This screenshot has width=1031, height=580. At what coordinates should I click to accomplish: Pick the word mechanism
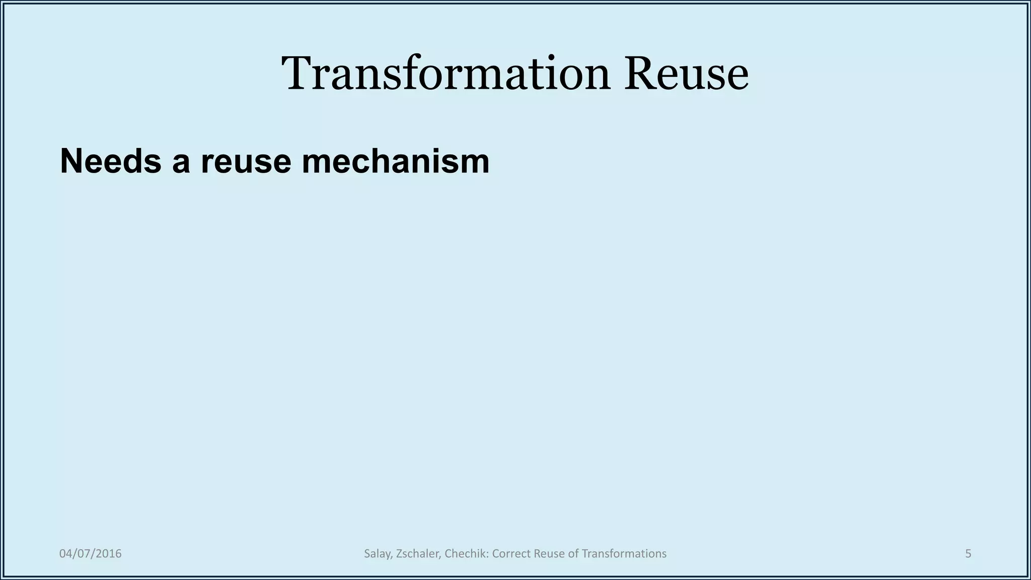coord(395,162)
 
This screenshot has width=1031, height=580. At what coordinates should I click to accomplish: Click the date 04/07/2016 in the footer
coord(91,554)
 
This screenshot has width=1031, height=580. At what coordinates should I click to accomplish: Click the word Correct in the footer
coord(510,554)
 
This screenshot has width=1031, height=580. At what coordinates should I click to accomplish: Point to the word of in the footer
coord(573,554)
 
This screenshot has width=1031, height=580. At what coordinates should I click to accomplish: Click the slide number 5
coord(968,554)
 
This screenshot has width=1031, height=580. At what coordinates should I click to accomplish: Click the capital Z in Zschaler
coord(399,554)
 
